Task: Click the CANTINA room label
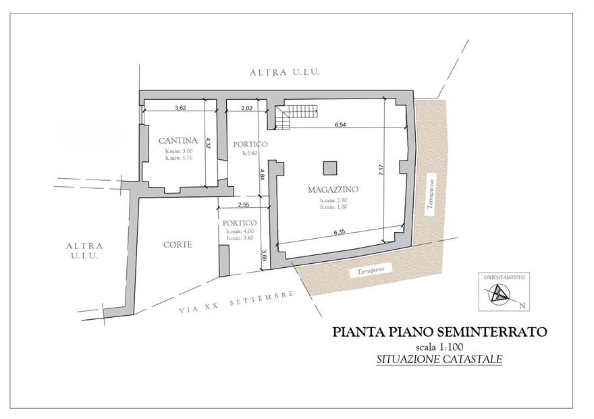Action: pos(178,140)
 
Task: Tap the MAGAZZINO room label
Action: pos(332,190)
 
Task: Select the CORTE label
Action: pos(178,245)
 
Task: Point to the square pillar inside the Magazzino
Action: pos(329,167)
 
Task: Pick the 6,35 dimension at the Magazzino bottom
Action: pos(337,233)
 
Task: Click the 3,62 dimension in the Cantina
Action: pos(180,107)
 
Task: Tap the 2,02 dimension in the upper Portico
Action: pos(246,107)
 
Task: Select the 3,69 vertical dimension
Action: pos(264,256)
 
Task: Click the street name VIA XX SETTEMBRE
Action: pos(237,303)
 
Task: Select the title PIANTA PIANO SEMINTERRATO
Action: pos(439,332)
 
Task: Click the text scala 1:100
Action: pos(439,347)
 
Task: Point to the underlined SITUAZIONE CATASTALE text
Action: pos(439,360)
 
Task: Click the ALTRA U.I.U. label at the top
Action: pos(283,72)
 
